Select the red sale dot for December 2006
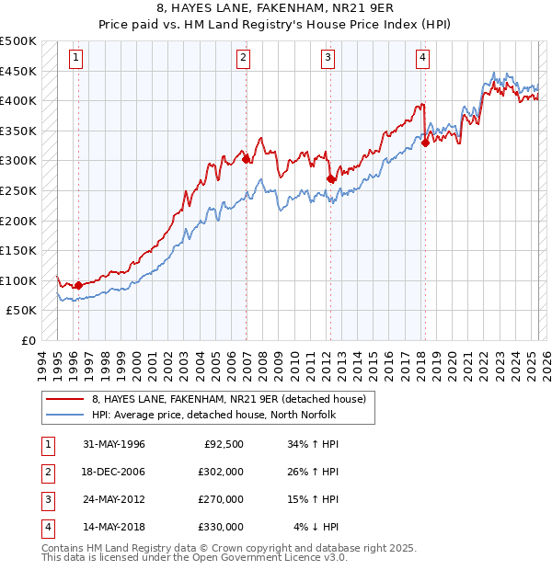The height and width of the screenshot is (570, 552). pyautogui.click(x=247, y=159)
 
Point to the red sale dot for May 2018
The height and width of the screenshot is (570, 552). pyautogui.click(x=425, y=142)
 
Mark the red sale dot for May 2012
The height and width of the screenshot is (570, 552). pyautogui.click(x=331, y=178)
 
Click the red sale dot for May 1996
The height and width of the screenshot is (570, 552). pyautogui.click(x=78, y=285)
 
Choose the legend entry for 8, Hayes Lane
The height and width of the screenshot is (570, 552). pyautogui.click(x=229, y=399)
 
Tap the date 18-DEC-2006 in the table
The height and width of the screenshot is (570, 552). pyautogui.click(x=114, y=472)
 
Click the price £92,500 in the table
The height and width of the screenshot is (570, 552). pyautogui.click(x=223, y=444)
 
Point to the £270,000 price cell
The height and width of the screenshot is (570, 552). pyautogui.click(x=221, y=499)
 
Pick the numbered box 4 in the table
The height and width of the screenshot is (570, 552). pyautogui.click(x=47, y=527)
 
